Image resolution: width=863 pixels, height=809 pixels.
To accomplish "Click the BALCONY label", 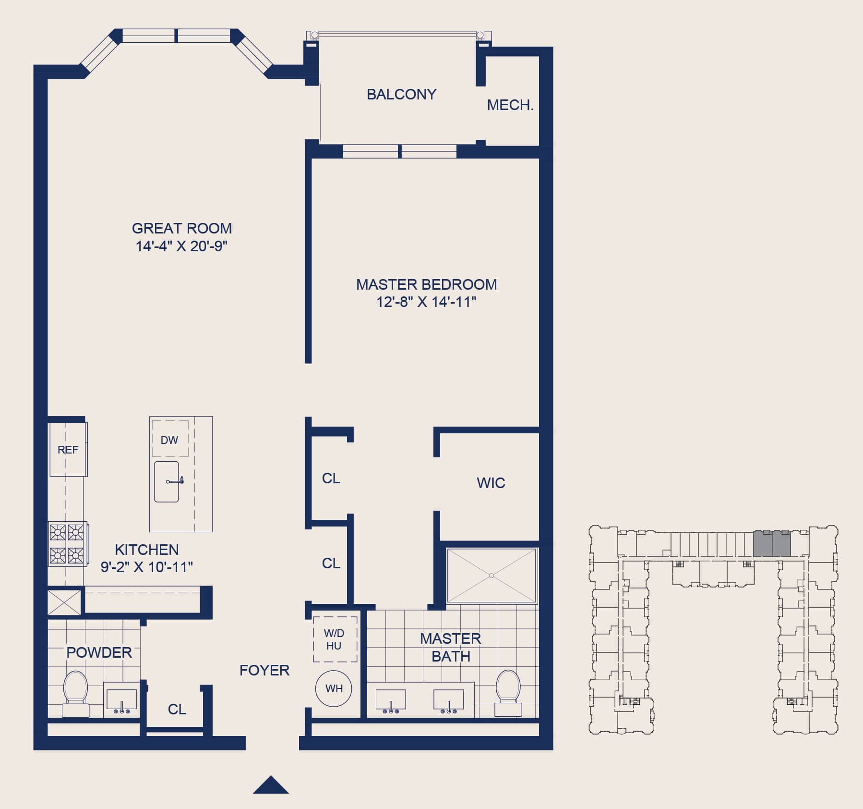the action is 401,94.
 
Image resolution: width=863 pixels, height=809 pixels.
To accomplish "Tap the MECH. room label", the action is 510,105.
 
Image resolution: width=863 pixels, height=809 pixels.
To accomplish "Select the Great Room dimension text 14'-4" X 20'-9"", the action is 181,246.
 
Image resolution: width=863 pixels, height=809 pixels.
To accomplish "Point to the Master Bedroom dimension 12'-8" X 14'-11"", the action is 426,302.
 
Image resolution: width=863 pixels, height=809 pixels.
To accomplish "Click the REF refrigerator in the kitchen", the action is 68,449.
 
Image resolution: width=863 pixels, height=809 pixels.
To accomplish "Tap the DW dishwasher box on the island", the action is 170,439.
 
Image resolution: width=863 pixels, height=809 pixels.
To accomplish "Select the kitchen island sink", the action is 167,481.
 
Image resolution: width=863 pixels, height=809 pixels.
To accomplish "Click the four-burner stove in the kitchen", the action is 67,543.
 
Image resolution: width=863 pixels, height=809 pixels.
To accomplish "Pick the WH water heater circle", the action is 334,688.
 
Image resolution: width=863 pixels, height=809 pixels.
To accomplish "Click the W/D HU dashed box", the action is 335,639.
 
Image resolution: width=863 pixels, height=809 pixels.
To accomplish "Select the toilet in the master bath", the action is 508,693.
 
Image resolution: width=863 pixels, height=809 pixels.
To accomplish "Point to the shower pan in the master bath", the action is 491,575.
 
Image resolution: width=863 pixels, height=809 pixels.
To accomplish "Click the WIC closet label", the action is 491,483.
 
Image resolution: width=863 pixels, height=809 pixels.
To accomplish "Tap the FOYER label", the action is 264,670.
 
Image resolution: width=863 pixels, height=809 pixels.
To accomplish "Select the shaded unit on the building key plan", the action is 772,543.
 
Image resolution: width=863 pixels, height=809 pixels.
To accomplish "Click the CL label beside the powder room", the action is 177,709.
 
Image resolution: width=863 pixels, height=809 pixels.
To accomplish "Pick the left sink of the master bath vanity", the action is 391,701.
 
